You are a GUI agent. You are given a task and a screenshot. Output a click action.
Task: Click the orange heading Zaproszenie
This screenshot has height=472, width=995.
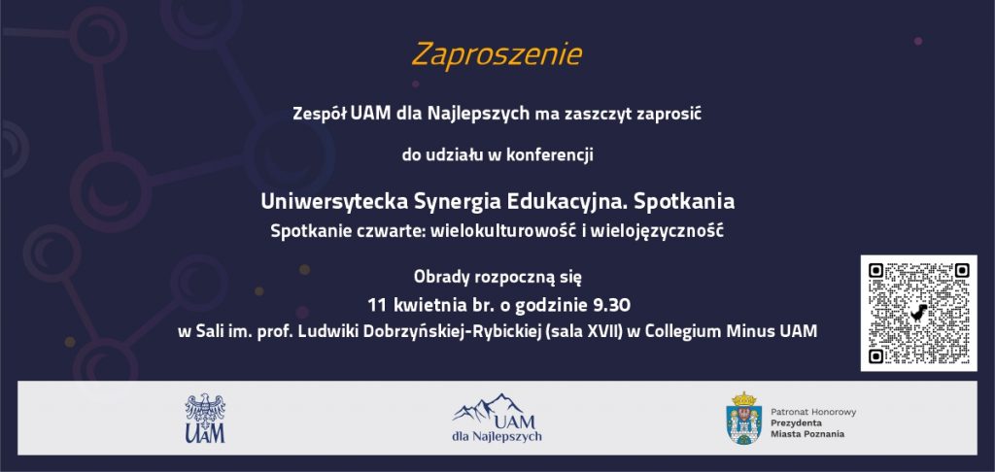click(497, 54)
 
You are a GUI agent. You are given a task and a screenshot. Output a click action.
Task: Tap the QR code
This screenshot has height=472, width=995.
click(918, 313)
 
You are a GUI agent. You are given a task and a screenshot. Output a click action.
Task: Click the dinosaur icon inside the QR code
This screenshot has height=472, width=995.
click(918, 312)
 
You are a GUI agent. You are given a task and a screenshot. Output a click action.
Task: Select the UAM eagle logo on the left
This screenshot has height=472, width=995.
click(205, 418)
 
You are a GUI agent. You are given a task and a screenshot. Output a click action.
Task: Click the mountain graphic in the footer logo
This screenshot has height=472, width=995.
click(488, 407)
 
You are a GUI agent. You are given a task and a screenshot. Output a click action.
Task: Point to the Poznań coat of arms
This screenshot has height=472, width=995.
click(743, 418)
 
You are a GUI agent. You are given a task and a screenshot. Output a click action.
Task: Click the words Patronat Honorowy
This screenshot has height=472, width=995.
click(813, 413)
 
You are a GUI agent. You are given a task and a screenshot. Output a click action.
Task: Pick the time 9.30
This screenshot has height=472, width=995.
click(612, 306)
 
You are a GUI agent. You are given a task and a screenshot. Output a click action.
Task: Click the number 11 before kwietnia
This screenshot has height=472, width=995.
click(378, 306)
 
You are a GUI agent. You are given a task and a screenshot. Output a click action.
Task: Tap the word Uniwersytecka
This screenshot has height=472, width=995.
click(334, 201)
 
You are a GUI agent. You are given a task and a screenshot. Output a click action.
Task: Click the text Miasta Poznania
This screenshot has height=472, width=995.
click(807, 434)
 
